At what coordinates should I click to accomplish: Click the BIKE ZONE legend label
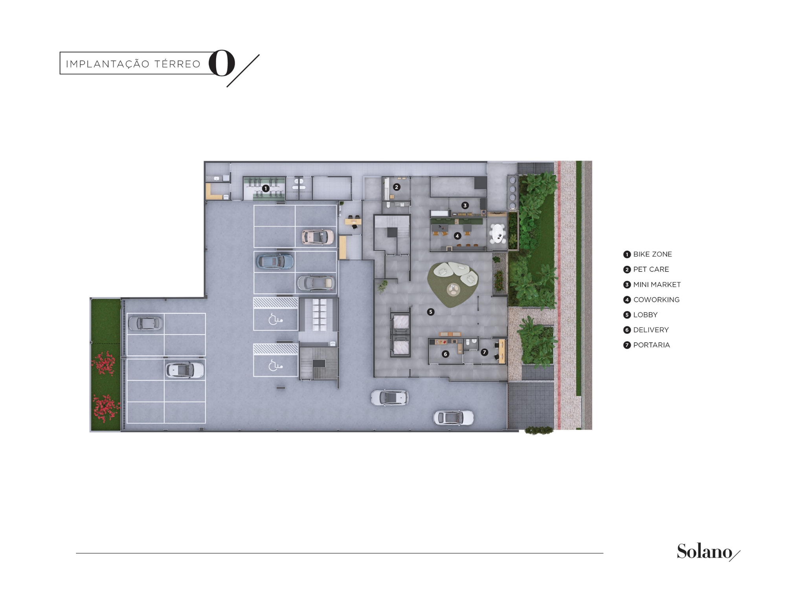coord(652,254)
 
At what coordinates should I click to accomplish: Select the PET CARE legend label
coord(651,269)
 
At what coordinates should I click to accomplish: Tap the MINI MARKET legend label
coord(657,285)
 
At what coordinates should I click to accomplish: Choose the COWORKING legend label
coord(656,300)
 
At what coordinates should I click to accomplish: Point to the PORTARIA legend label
coord(652,345)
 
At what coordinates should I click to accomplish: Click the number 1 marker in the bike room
coord(266,188)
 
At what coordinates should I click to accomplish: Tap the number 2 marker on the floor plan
coord(397,187)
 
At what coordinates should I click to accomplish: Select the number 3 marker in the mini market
coord(465,205)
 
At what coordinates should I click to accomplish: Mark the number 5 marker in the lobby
coord(431,312)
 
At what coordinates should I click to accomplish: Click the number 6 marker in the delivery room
coord(445,354)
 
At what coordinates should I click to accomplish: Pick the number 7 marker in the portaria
coord(484,353)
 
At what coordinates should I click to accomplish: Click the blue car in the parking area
coord(275,261)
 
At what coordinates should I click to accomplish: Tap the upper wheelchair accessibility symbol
coord(275,319)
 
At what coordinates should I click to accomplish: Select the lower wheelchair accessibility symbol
coord(275,366)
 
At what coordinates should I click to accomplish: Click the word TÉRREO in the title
coord(177,64)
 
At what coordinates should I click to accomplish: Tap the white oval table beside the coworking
coord(498,234)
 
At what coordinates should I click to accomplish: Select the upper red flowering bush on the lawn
coord(104,363)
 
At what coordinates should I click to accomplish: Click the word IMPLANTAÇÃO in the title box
coord(108,64)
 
